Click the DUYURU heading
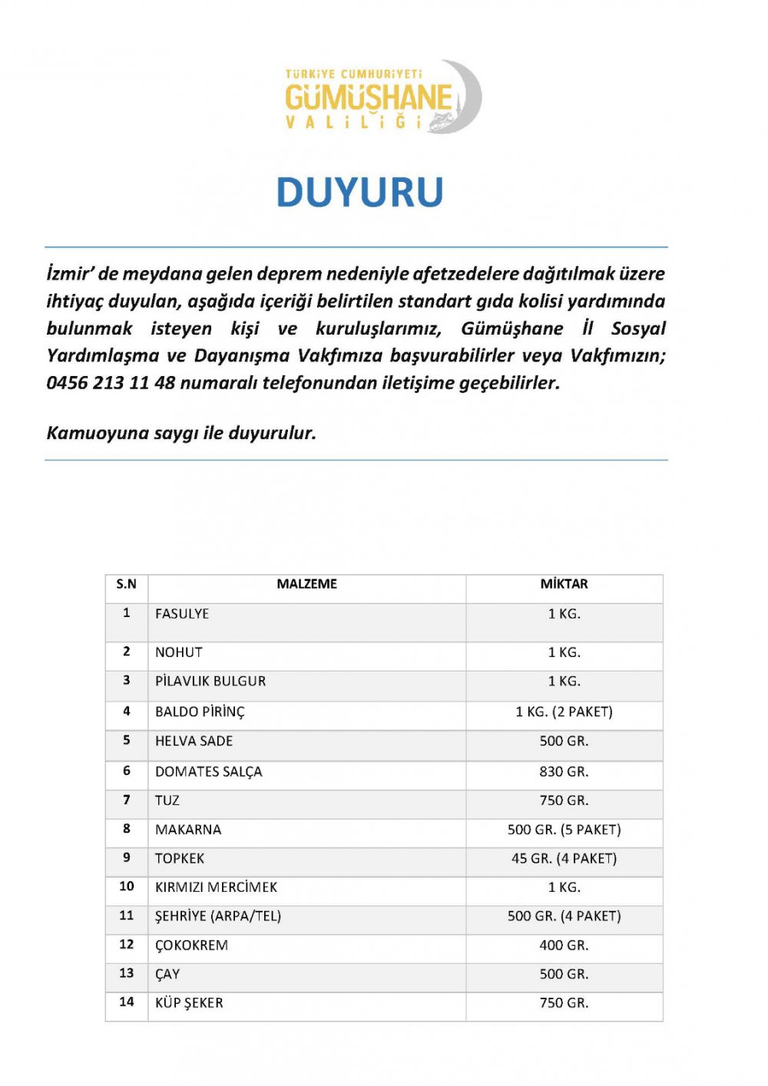click(x=359, y=193)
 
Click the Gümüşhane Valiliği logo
click(x=382, y=97)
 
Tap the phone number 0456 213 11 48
click(x=111, y=383)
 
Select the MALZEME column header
click(x=306, y=584)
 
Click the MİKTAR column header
click(x=564, y=584)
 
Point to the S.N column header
click(x=127, y=584)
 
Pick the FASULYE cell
click(x=182, y=614)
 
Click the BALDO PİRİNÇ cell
click(x=200, y=712)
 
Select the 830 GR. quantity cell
click(x=564, y=772)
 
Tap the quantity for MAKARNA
click(x=564, y=830)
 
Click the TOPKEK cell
click(x=180, y=859)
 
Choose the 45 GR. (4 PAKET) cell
click(x=564, y=859)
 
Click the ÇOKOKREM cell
click(x=191, y=946)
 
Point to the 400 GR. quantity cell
click(x=564, y=946)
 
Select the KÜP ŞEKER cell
click(x=189, y=1003)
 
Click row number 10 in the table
click(x=127, y=886)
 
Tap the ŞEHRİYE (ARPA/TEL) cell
click(x=218, y=916)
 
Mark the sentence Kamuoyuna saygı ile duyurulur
click(x=181, y=433)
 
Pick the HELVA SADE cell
click(x=194, y=741)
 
